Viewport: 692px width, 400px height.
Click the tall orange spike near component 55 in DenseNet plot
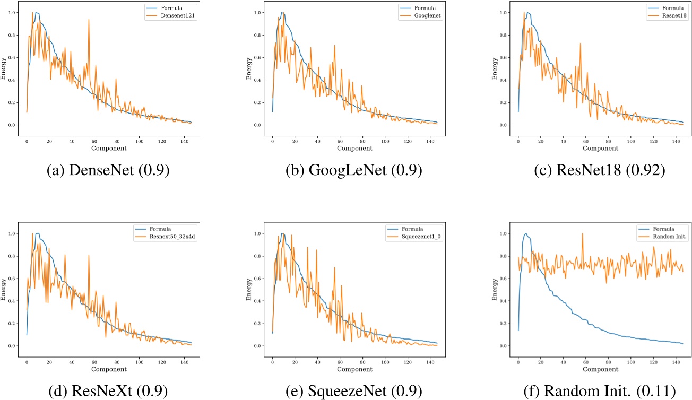[x=89, y=20]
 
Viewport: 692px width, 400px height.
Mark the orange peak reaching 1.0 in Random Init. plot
[x=582, y=234]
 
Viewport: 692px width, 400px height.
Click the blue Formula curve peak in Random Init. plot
[x=526, y=234]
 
